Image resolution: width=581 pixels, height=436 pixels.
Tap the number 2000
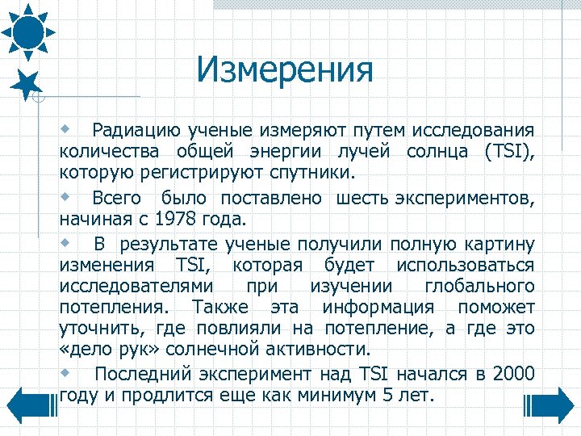512,373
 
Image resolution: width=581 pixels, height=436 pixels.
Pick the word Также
219,308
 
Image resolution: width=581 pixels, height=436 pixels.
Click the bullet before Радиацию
67,129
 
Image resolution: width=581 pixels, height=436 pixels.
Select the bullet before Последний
67,372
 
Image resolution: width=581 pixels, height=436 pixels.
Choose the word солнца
433,152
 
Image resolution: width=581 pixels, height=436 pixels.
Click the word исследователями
136,287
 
